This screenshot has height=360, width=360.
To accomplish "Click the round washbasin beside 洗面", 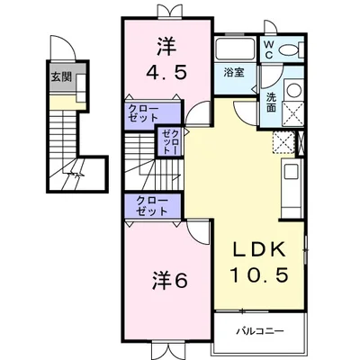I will pyautogui.click(x=292, y=89).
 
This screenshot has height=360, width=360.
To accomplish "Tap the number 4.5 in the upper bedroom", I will pyautogui.click(x=167, y=74).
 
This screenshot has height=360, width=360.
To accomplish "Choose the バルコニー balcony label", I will pyautogui.click(x=261, y=331).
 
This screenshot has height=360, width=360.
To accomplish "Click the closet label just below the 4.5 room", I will pyautogui.click(x=144, y=115).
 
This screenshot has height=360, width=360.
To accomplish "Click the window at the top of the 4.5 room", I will pyautogui.click(x=166, y=11).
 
